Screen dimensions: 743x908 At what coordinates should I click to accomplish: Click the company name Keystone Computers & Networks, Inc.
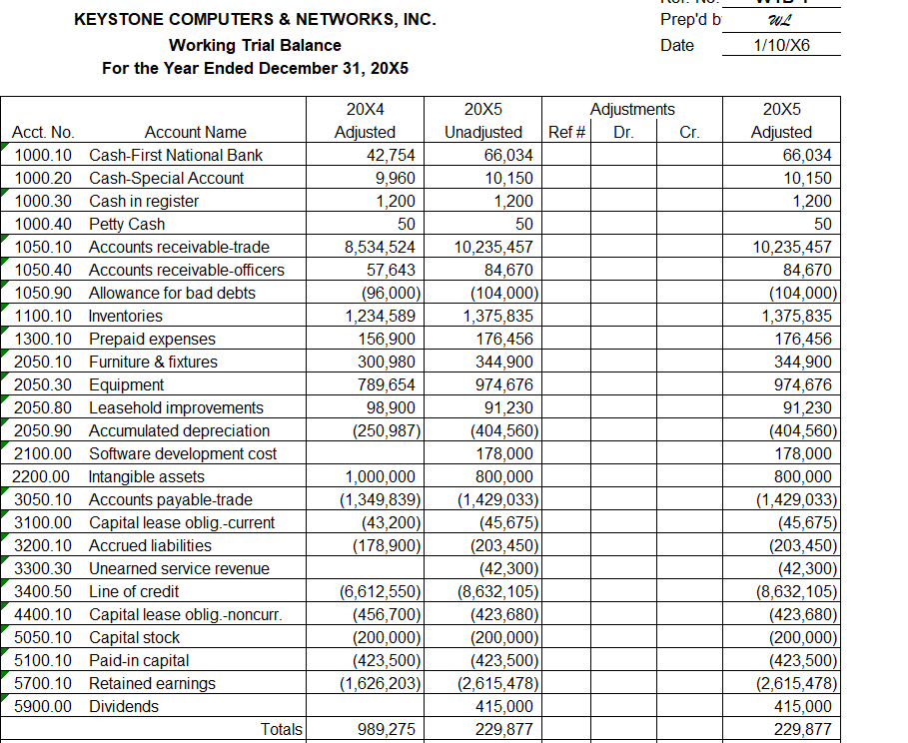[x=255, y=20]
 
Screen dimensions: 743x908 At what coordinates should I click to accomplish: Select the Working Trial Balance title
[x=255, y=45]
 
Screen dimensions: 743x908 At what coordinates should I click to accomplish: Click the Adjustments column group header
[x=632, y=109]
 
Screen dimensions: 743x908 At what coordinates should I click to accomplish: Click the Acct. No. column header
[x=43, y=132]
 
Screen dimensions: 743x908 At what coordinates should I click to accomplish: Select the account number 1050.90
[x=43, y=293]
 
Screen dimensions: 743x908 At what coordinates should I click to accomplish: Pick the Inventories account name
[x=126, y=316]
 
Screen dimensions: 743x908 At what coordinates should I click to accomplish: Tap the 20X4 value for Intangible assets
[x=381, y=476]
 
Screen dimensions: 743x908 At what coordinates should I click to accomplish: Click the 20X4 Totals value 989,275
[x=387, y=730]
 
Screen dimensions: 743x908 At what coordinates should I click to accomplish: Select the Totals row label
[x=281, y=730]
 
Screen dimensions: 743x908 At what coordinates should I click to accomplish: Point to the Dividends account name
[x=124, y=706]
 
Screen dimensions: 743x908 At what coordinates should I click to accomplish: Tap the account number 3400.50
[x=43, y=591]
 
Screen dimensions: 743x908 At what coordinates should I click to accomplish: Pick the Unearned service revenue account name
[x=179, y=568]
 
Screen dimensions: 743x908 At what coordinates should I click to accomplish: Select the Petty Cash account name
[x=127, y=224]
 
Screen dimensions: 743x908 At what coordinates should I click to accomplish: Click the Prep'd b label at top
[x=691, y=20]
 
